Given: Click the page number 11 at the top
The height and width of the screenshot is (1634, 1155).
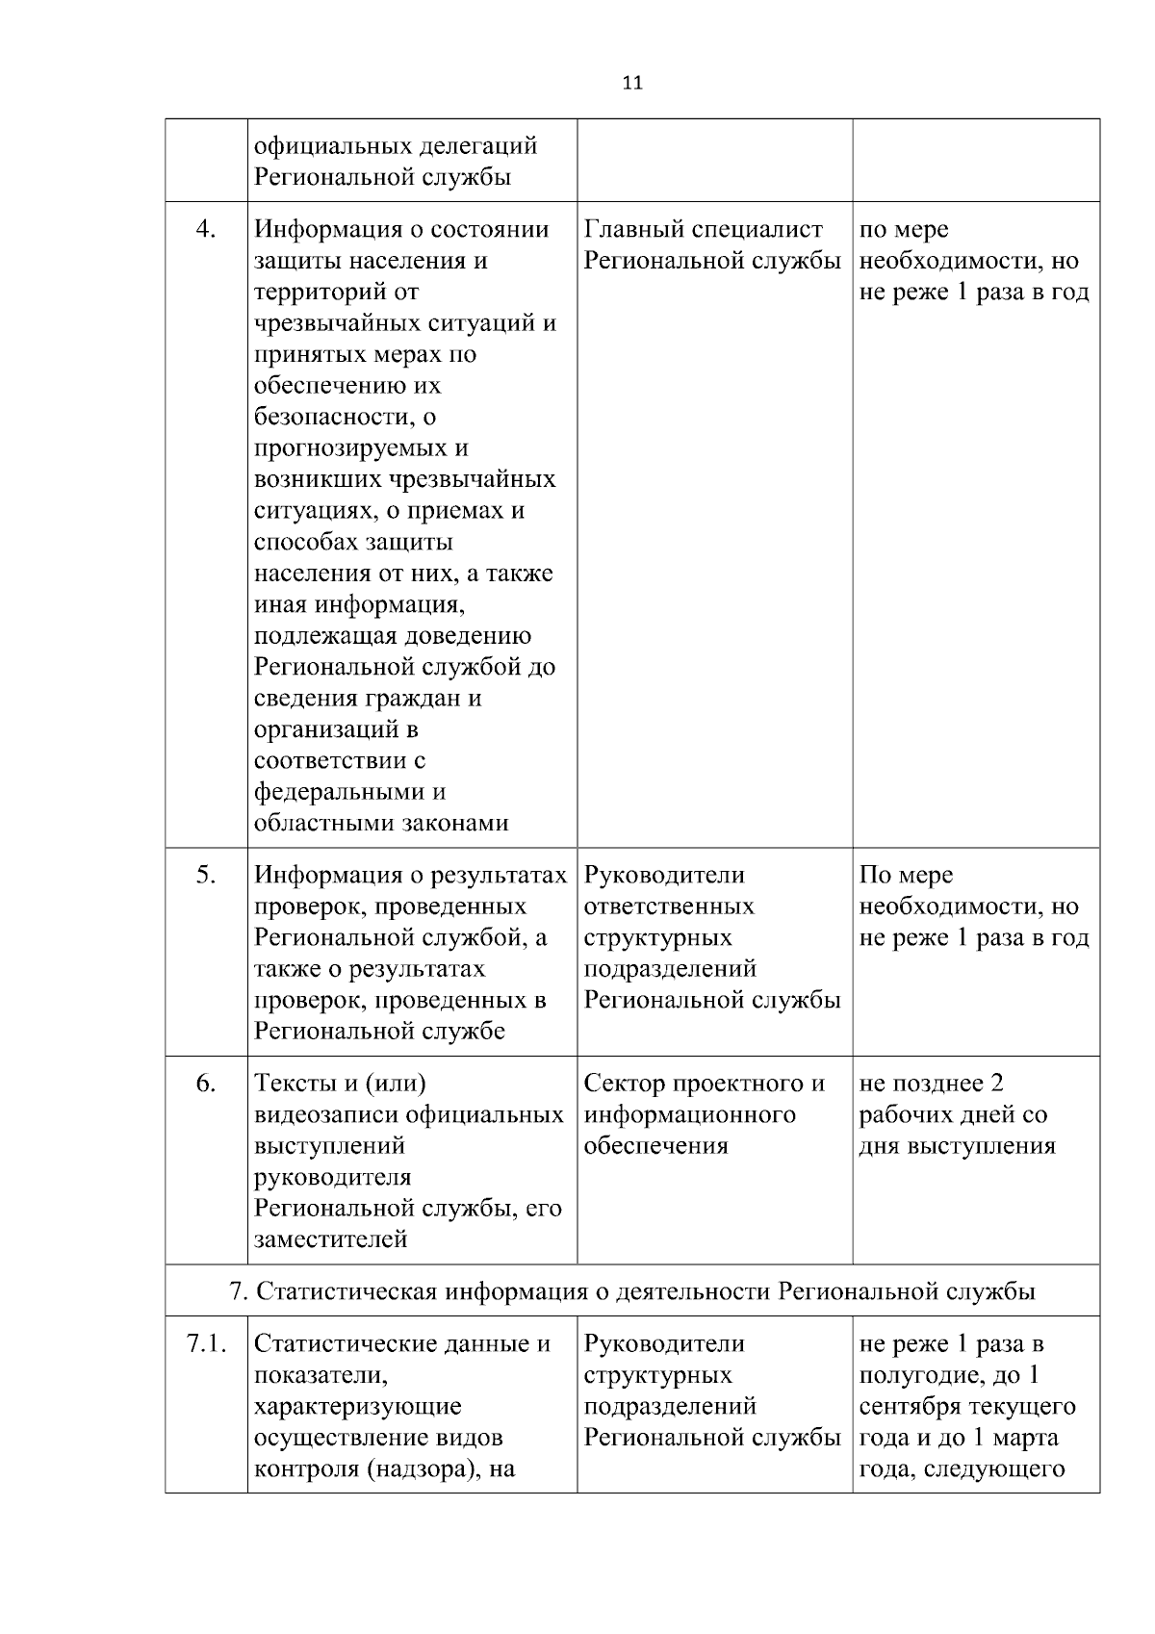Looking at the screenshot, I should tap(632, 83).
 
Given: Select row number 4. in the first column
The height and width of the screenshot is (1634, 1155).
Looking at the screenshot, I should tap(205, 229).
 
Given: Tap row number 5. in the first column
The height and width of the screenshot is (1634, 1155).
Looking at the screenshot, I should tap(205, 875).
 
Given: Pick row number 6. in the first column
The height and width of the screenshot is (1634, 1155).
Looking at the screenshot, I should tap(205, 1084).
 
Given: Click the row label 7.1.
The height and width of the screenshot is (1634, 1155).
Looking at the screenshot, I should tap(206, 1344).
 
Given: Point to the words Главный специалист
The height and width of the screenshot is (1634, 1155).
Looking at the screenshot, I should tap(704, 229).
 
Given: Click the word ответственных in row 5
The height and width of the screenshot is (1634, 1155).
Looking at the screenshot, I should tap(669, 906).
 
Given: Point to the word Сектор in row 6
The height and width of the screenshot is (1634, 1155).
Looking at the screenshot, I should tap(625, 1084).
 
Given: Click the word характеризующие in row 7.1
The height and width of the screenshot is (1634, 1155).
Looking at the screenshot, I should tap(357, 1407).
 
